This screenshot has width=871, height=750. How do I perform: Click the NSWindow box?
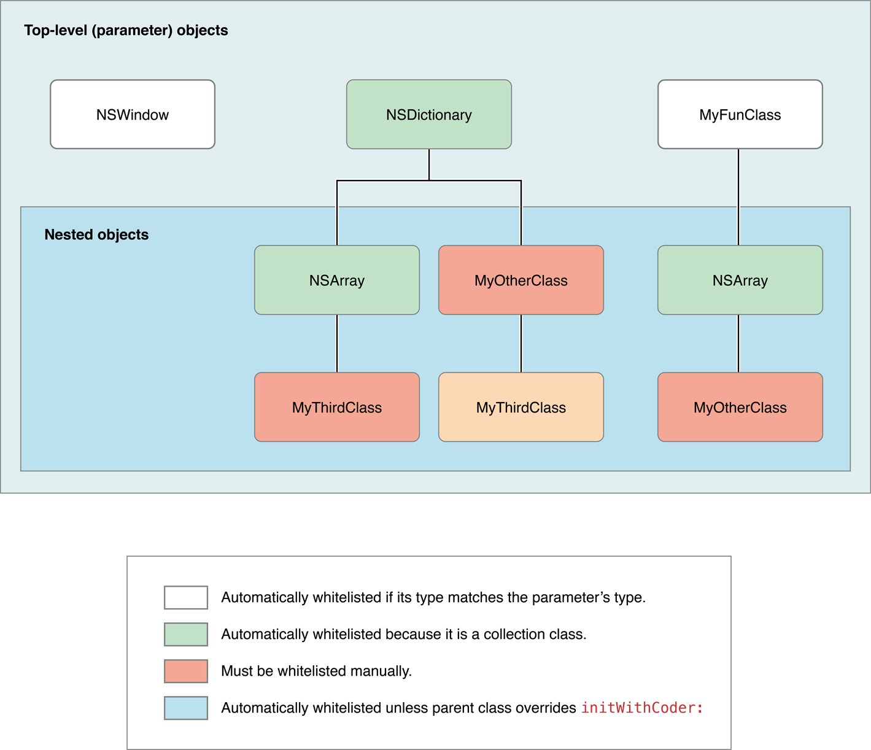coord(133,114)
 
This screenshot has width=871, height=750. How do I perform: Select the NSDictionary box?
coord(429,114)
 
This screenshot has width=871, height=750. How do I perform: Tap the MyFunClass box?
coord(740,114)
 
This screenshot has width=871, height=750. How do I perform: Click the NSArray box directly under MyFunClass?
coord(740,280)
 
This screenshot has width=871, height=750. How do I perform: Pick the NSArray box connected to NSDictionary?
coord(337,280)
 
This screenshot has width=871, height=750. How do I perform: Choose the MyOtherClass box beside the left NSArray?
coord(521,280)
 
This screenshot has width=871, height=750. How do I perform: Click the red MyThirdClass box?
coord(337,407)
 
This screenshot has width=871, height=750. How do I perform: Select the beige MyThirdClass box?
coord(521,407)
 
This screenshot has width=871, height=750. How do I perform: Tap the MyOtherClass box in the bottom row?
coord(740,407)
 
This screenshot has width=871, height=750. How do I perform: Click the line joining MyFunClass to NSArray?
coord(738,196)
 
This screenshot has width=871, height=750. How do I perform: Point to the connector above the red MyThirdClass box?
coord(337,344)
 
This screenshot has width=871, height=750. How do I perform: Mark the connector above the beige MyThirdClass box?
coord(521,344)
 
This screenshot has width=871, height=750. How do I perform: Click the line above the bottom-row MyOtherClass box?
coord(738,344)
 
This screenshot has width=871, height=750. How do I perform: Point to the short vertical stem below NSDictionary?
coord(429,164)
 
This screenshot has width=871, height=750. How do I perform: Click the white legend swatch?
coord(186,597)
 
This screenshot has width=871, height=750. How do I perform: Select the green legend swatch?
coord(186,634)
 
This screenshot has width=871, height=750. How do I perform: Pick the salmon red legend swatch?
coord(186,671)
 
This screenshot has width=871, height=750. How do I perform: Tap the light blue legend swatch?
coord(186,708)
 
